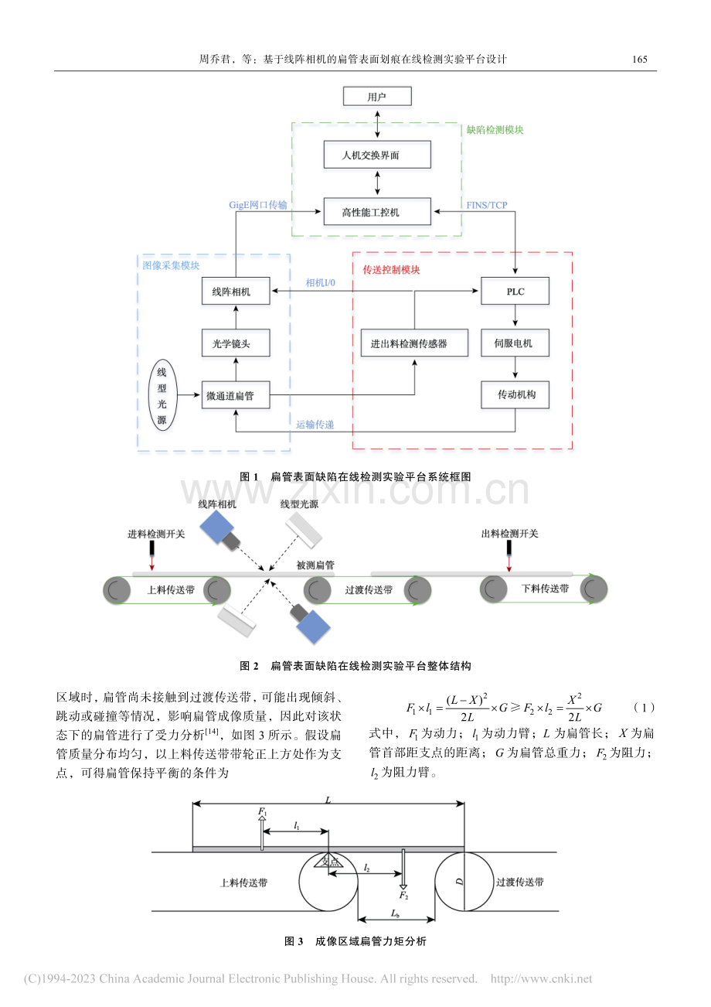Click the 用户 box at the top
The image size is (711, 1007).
click(377, 96)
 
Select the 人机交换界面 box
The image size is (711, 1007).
click(377, 155)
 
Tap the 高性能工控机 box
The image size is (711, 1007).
click(377, 211)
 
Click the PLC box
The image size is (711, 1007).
click(515, 291)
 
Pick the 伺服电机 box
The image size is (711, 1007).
click(515, 343)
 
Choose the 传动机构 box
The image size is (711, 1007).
click(515, 395)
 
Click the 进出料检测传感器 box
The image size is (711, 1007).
click(414, 343)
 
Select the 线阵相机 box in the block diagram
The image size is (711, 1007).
click(236, 291)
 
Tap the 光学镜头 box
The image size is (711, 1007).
click(236, 343)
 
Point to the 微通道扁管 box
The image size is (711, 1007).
click(236, 395)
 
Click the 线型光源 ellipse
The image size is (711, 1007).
click(162, 395)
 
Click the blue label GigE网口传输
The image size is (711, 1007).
click(258, 205)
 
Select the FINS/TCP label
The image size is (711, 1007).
click(486, 205)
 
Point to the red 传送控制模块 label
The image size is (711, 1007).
click(391, 270)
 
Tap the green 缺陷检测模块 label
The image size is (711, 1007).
click(495, 130)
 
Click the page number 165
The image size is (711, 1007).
click(639, 60)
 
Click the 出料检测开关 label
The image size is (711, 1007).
click(510, 534)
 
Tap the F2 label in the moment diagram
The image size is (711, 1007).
click(403, 895)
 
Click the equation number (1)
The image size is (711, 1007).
click(644, 708)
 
